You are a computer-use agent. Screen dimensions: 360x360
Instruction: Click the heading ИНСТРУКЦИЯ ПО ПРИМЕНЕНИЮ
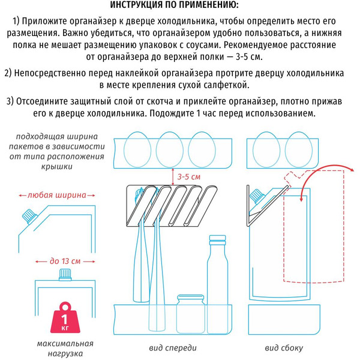click(x=179, y=6)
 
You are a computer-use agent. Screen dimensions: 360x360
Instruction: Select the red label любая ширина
click(x=55, y=195)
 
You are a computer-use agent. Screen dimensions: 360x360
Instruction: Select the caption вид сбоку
click(x=284, y=348)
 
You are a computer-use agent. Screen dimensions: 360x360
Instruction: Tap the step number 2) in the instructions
click(x=9, y=73)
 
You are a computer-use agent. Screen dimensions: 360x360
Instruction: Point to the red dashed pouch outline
click(x=312, y=228)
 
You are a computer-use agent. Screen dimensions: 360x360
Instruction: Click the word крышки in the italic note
click(x=58, y=167)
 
